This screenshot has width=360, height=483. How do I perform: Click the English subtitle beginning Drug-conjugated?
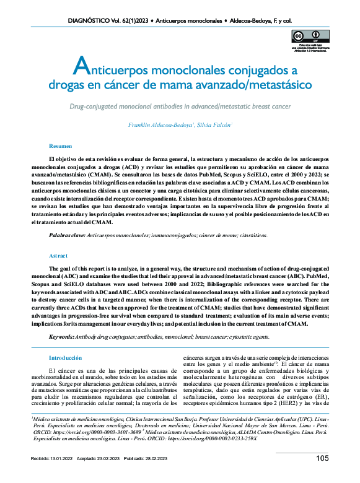[x=180, y=107]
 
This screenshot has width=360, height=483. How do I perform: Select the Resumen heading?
[x=61, y=146]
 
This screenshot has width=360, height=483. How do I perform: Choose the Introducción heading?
[x=65, y=358]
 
